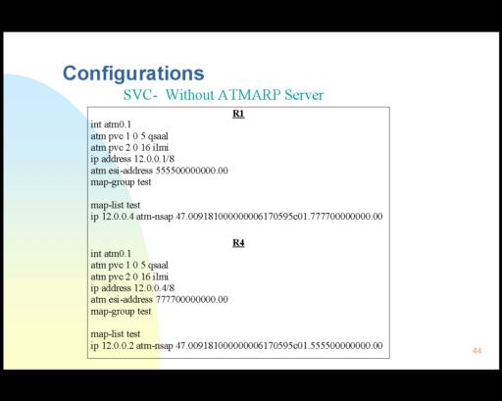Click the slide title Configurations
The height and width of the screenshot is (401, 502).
pos(133,74)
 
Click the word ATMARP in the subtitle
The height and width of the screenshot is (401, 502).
pos(249,95)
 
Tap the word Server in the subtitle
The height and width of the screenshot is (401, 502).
pos(304,95)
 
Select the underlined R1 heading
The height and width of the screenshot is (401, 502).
pos(238,114)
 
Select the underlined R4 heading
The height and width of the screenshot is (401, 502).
pos(238,243)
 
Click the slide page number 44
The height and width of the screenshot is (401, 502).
pos(477,351)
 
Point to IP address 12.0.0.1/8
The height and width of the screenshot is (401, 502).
pos(154,159)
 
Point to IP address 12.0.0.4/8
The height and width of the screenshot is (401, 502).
pos(154,288)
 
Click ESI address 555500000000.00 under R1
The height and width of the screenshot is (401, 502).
pos(192,171)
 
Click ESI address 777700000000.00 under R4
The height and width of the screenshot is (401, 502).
pos(192,299)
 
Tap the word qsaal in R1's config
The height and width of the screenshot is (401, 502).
pos(158,136)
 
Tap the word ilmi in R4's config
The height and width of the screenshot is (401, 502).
pos(161,276)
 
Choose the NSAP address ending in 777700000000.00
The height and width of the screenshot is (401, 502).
pos(279,217)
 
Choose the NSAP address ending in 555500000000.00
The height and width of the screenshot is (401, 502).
pos(279,345)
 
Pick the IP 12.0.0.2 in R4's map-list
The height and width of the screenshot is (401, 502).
pos(118,345)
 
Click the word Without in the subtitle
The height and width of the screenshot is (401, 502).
pos(190,95)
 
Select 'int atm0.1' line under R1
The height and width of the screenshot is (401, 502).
pos(111,125)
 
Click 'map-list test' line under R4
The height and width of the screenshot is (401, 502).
pos(116,333)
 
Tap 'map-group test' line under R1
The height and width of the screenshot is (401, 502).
pos(121,182)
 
